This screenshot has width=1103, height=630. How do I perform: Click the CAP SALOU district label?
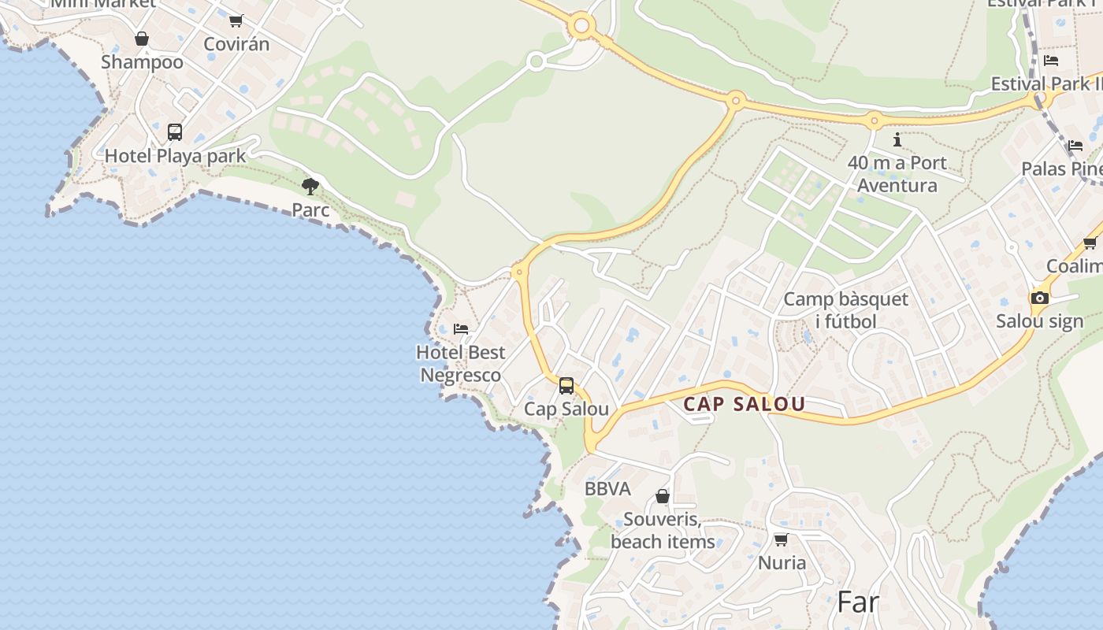[744, 404]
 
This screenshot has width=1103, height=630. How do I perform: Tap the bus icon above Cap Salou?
[566, 386]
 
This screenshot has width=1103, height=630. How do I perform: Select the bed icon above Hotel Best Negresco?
[461, 328]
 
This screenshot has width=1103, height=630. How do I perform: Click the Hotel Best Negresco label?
[461, 363]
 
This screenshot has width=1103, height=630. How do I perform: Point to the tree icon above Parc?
[310, 187]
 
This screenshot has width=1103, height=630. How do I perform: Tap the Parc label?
[310, 210]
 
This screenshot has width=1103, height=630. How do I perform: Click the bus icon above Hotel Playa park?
[175, 132]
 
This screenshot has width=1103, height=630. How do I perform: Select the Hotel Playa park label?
[176, 155]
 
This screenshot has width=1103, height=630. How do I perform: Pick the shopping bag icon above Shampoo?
[142, 39]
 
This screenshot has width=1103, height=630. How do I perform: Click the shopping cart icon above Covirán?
[236, 20]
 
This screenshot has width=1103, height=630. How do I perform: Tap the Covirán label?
[236, 44]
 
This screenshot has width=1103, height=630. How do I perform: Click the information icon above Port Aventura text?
[897, 140]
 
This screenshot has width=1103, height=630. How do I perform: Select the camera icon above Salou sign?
[1040, 298]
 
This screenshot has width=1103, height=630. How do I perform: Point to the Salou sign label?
[1040, 321]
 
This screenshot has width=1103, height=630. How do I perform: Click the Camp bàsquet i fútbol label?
[845, 310]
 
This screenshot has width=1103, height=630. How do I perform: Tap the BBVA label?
[607, 489]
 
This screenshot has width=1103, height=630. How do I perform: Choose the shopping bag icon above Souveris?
[663, 496]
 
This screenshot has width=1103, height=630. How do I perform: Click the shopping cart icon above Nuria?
[781, 539]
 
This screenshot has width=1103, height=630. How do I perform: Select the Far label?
[857, 602]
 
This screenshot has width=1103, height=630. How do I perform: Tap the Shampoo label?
[142, 62]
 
